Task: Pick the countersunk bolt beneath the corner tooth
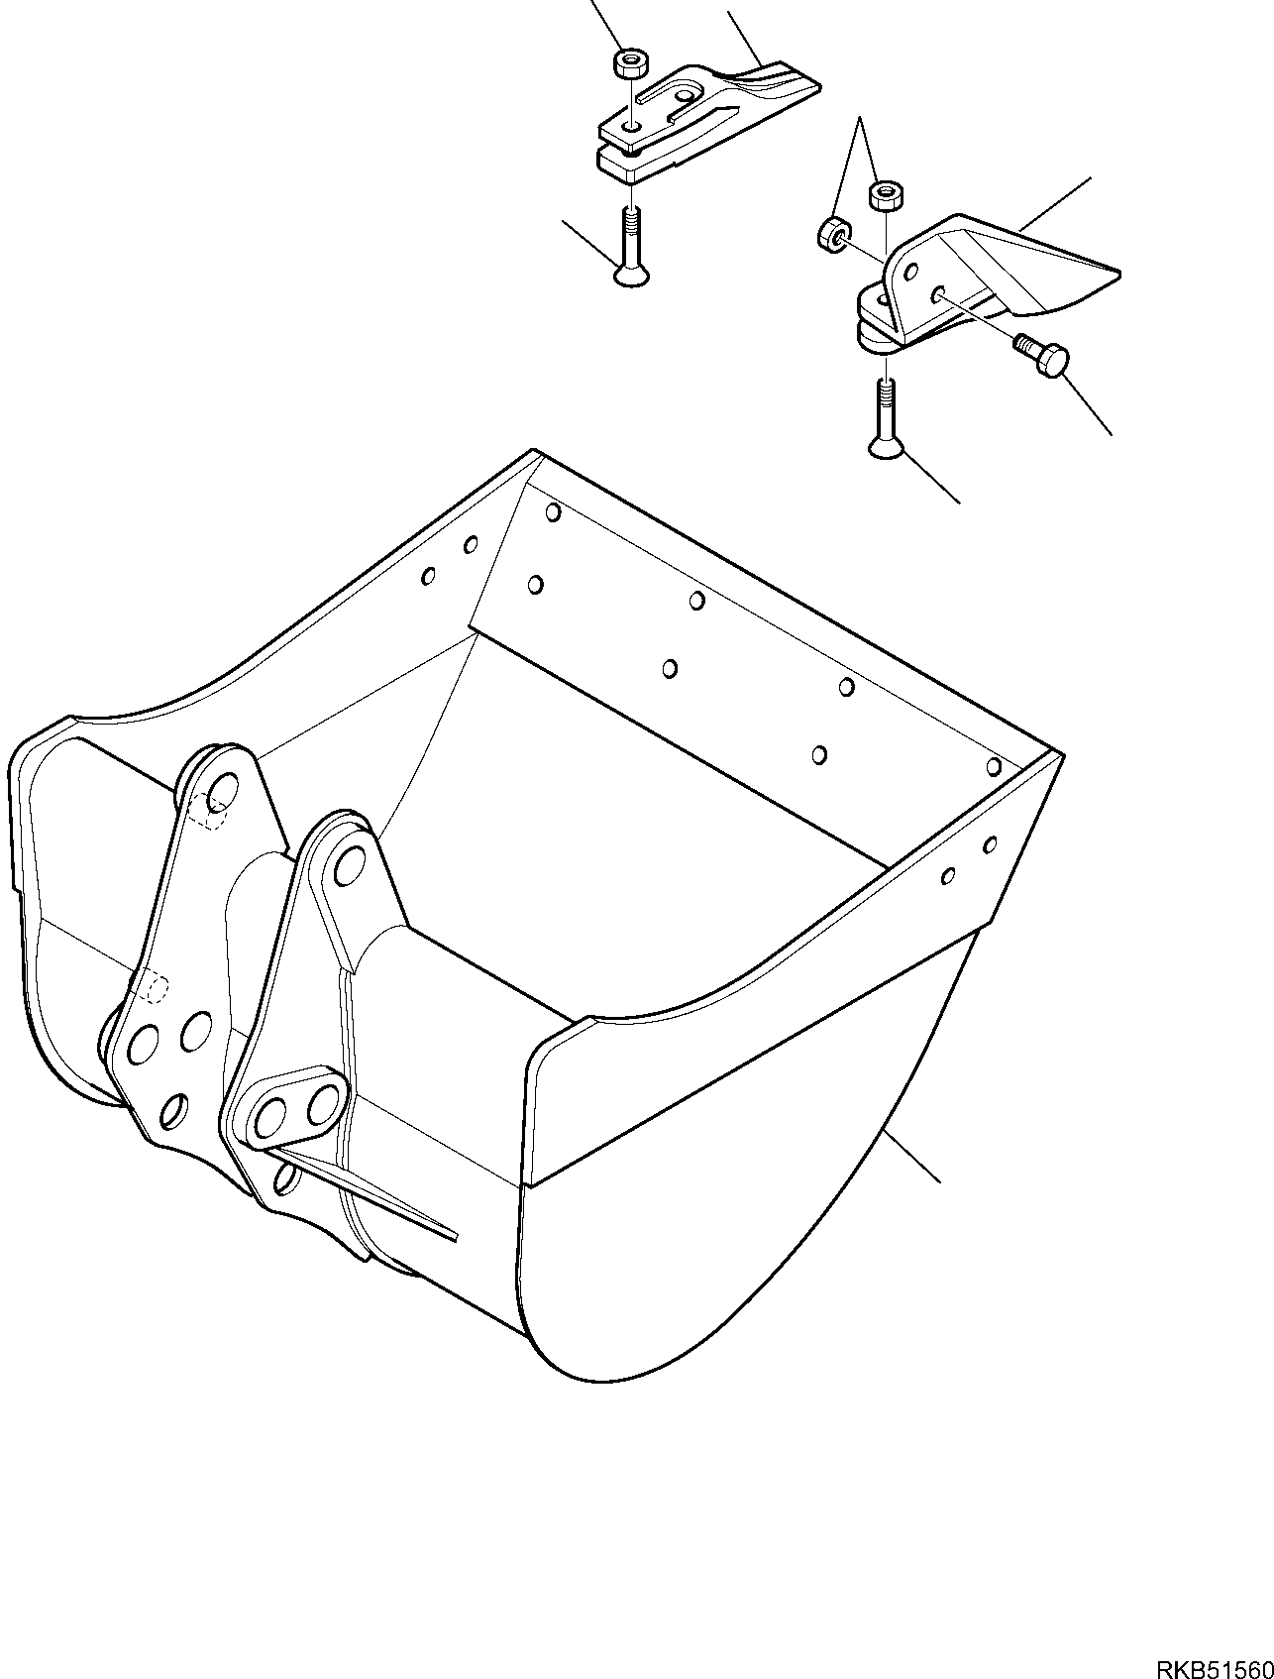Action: [887, 421]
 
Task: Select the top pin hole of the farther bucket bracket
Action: [224, 791]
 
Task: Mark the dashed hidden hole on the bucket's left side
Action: [153, 988]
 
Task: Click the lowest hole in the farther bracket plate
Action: [173, 1111]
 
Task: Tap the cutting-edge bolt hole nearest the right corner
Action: [994, 765]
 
